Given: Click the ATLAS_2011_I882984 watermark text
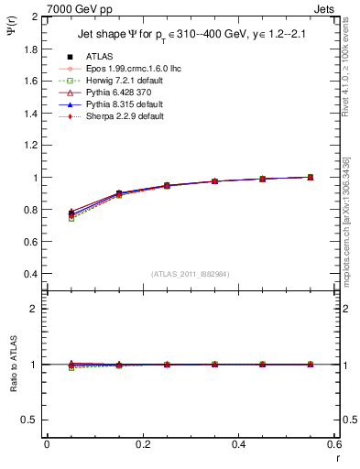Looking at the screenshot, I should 189,274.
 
